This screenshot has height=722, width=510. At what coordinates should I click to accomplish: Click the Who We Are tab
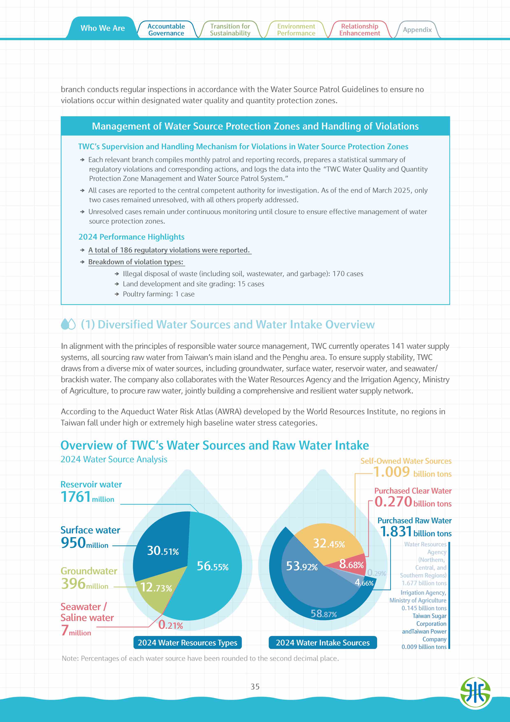point(102,28)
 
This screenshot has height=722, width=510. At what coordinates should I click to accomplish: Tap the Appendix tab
point(417,30)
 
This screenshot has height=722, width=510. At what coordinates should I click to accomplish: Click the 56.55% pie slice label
point(213,566)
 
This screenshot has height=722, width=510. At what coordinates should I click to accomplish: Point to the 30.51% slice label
point(163,551)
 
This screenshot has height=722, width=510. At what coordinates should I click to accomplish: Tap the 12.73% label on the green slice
point(156,587)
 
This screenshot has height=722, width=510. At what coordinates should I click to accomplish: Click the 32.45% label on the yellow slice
point(329,543)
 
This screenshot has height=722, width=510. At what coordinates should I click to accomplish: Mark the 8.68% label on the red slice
point(351,565)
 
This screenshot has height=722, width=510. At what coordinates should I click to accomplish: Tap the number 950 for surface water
point(73,543)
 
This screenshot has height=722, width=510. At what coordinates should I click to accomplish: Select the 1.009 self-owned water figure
point(392,472)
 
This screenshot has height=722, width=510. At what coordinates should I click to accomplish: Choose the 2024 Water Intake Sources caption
point(323,642)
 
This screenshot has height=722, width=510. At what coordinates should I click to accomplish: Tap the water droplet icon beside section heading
point(68,324)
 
